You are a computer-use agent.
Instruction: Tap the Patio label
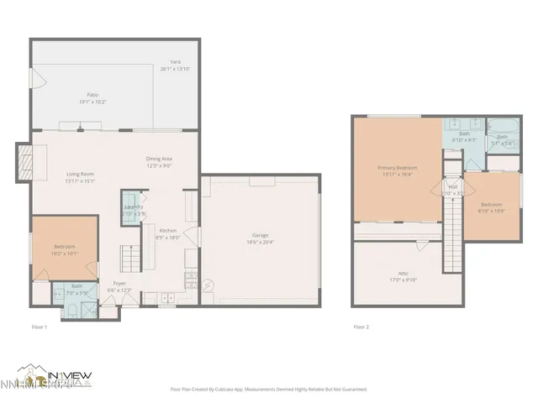(93, 97)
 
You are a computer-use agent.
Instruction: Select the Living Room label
(82, 177)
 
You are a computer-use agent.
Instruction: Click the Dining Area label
(159, 162)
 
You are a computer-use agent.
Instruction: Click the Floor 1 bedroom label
(66, 249)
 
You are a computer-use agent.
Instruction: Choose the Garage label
(261, 238)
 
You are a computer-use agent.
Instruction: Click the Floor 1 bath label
(76, 290)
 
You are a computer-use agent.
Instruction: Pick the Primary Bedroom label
(395, 171)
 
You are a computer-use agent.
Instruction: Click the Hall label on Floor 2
(452, 190)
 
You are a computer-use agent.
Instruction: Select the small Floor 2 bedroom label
(492, 207)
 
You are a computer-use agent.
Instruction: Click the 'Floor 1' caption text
(40, 326)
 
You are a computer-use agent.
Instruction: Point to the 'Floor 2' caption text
(361, 326)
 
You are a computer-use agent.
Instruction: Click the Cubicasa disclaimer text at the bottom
(268, 389)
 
